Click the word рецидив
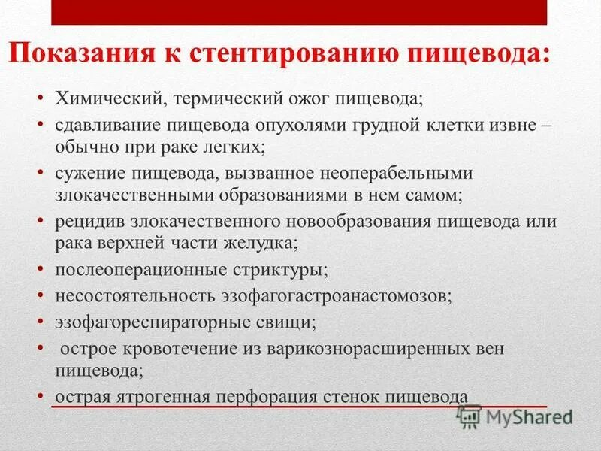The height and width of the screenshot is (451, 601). pos(86,222)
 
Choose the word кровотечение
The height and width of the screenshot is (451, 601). pos(169,350)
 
